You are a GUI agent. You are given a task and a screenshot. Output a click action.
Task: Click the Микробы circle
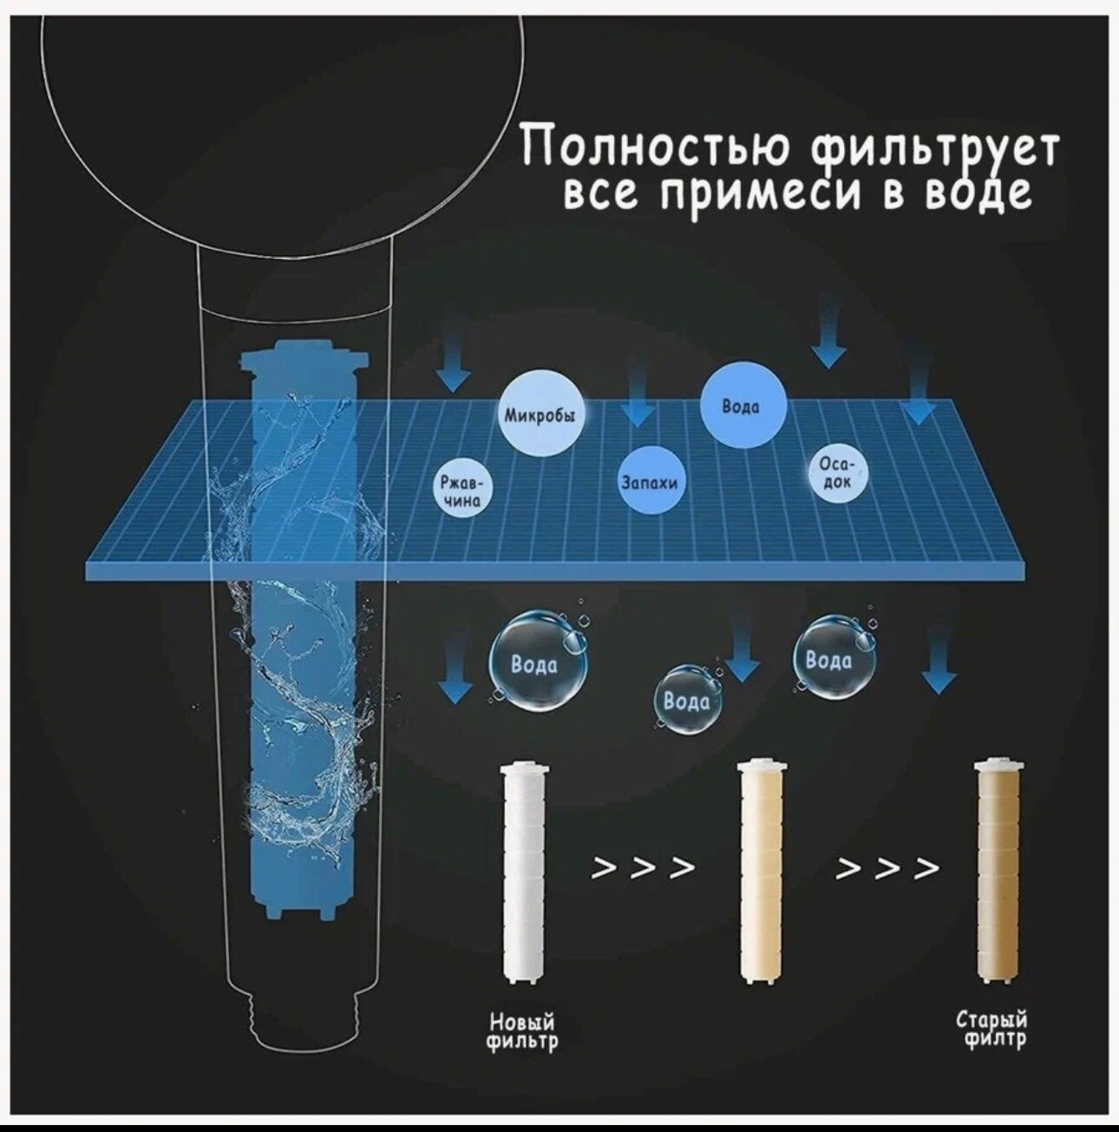tap(545, 415)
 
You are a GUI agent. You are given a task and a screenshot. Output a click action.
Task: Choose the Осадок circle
tap(837, 475)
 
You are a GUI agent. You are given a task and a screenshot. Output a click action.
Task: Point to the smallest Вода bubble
tap(688, 699)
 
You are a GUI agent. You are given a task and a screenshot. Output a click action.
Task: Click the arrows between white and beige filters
tap(643, 867)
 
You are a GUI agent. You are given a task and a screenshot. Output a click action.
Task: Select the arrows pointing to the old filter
tap(887, 867)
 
